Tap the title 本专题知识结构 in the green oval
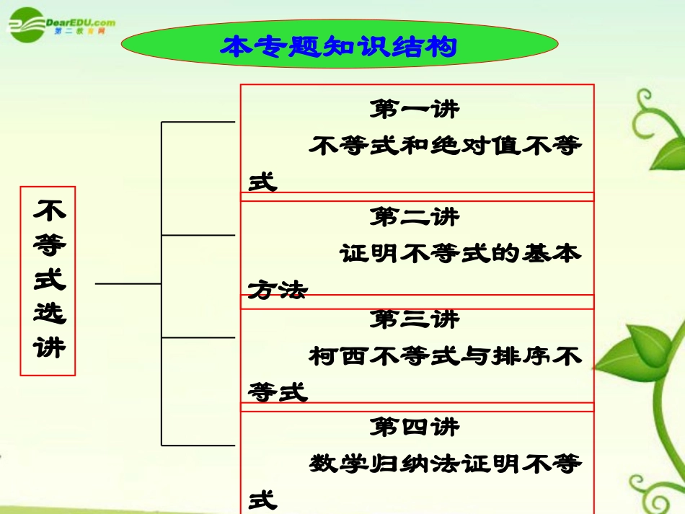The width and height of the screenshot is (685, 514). (339, 47)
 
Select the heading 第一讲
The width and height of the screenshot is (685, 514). (414, 110)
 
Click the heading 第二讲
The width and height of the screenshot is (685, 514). (414, 216)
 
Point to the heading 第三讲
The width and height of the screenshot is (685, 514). (414, 319)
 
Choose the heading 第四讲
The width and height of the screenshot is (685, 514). (414, 427)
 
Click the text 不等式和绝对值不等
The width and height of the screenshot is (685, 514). (446, 146)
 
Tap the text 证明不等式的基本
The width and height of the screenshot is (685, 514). (461, 254)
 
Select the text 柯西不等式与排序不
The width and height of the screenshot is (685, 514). (446, 356)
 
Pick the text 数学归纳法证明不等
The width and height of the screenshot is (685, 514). (446, 464)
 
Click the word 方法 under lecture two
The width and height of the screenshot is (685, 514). (278, 290)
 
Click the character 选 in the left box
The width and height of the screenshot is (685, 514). (49, 314)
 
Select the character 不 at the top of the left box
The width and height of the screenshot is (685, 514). (49, 211)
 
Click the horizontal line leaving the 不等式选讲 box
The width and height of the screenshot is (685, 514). (128, 284)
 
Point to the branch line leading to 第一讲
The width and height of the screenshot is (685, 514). (198, 122)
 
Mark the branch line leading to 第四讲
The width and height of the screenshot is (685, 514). (198, 445)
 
